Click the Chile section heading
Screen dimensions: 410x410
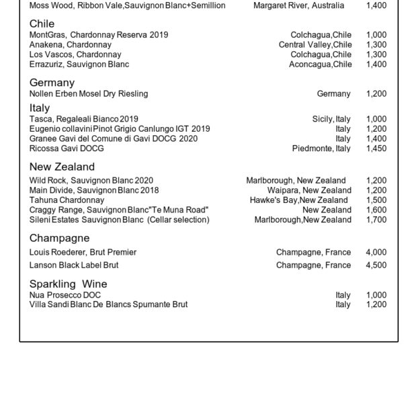(42, 24)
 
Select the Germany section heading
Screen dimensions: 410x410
(52, 83)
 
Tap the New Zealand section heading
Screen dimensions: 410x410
(62, 167)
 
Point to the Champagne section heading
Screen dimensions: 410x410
(59, 238)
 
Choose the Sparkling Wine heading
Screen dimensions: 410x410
(68, 284)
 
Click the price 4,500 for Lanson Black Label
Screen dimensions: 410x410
(376, 265)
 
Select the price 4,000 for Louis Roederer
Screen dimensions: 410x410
(376, 253)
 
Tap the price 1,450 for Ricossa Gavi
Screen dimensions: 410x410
(376, 149)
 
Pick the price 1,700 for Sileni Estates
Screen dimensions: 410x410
(376, 220)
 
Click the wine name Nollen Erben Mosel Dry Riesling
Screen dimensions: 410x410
(89, 94)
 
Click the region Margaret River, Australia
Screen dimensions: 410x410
(298, 5)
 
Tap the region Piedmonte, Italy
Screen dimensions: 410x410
(321, 149)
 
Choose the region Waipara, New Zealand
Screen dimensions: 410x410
(309, 190)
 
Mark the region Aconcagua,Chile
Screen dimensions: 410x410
(320, 65)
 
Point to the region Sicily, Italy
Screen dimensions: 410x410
(331, 119)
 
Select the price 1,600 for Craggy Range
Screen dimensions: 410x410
(376, 210)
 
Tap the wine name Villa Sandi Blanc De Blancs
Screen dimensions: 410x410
(108, 304)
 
